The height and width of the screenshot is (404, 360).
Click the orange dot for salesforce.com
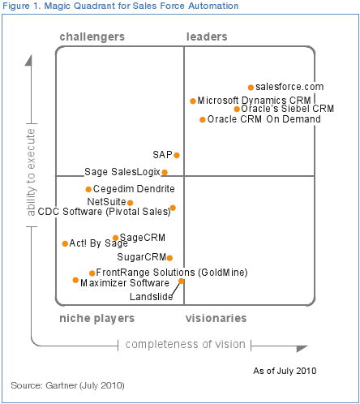(250, 87)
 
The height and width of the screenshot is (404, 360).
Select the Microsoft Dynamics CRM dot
(193, 101)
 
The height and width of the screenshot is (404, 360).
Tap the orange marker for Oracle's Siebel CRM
(237, 109)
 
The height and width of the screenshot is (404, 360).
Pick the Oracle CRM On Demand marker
(203, 119)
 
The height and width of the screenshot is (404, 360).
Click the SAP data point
(177, 155)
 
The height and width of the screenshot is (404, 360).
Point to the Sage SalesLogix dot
(165, 172)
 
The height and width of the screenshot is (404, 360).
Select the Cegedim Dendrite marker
(88, 189)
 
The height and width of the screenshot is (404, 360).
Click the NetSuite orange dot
(130, 203)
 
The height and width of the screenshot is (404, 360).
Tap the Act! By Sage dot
(65, 243)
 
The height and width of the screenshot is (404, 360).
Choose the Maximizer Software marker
(75, 280)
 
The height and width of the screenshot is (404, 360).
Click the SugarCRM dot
(169, 258)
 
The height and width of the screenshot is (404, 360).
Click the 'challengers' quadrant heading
(92, 37)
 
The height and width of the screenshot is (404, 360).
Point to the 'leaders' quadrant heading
(207, 37)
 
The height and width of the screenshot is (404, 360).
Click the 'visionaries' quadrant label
(216, 319)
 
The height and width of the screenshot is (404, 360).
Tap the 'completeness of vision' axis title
(185, 345)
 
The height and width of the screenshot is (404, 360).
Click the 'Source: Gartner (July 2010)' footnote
(67, 384)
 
